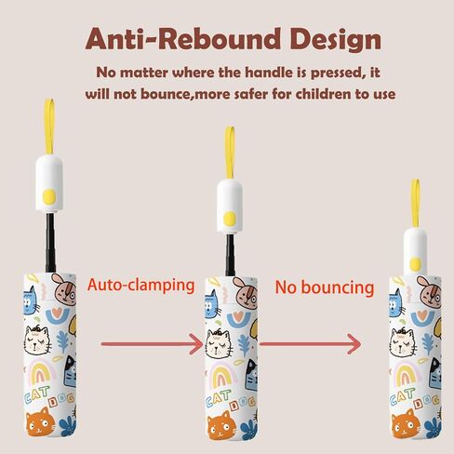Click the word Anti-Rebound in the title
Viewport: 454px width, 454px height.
tap(183, 39)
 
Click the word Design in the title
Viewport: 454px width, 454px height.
tap(336, 41)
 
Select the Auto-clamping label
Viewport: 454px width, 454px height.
tap(141, 285)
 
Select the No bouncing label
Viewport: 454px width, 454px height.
tap(325, 287)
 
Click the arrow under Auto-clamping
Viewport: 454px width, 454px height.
tap(153, 344)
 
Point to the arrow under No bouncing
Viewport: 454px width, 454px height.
tap(310, 344)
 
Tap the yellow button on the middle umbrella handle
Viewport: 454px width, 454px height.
tap(230, 219)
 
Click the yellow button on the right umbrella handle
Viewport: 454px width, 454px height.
tap(415, 264)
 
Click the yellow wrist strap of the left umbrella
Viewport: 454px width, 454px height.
tap(49, 127)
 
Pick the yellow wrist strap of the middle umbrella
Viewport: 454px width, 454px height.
tap(230, 153)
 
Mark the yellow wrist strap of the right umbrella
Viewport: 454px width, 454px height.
tap(416, 203)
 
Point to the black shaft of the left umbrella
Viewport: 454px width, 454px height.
tap(50, 243)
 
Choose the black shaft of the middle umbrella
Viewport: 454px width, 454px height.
tap(230, 255)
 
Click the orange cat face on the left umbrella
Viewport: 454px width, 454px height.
tap(40, 422)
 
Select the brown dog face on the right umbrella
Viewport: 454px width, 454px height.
tap(429, 292)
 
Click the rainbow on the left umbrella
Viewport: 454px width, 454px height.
tap(41, 372)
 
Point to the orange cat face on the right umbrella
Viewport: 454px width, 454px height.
tap(407, 424)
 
